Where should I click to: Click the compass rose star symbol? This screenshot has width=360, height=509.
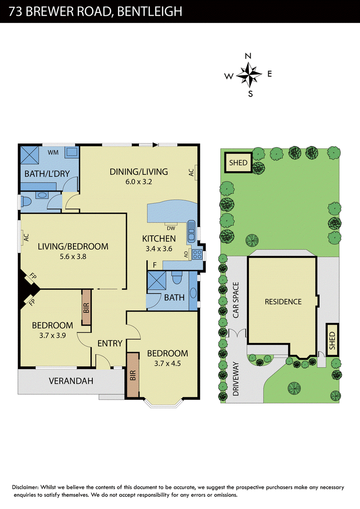[249, 75]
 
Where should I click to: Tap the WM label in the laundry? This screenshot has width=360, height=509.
[53, 152]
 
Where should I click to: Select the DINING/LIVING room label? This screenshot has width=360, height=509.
[139, 172]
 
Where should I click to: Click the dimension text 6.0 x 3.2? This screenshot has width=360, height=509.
[139, 182]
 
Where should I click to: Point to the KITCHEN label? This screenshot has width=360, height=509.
[159, 239]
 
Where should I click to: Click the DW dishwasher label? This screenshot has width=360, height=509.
[171, 228]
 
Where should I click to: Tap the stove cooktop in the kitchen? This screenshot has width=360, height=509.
[197, 254]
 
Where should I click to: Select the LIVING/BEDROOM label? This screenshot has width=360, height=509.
[73, 246]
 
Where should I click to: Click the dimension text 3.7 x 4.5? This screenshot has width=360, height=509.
[167, 364]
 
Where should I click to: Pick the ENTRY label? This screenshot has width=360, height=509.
[110, 343]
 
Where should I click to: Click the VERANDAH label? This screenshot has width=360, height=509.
[71, 381]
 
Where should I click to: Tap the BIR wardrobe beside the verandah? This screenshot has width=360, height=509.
[133, 375]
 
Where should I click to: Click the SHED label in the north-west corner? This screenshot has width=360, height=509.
[238, 163]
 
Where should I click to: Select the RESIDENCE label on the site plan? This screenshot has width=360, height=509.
[283, 302]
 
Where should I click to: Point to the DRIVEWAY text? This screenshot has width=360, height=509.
[236, 379]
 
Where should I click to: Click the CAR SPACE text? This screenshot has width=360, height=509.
[236, 300]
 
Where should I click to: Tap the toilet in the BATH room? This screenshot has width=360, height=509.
[177, 278]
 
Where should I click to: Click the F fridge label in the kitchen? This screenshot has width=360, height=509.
[155, 265]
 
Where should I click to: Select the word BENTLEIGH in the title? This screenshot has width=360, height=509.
[149, 11]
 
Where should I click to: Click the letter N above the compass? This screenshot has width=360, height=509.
[248, 56]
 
